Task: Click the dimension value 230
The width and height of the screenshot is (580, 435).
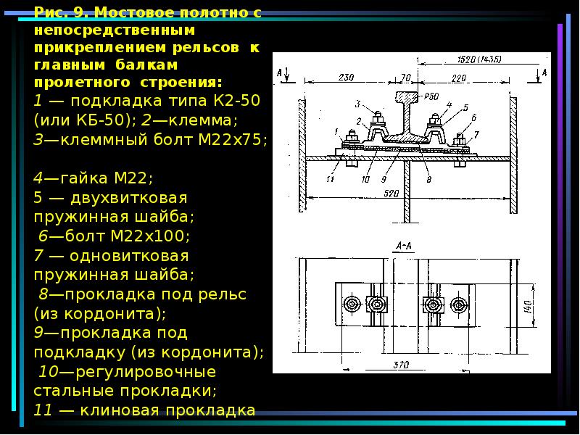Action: (x=347, y=78)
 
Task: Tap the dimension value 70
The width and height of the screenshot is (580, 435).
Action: (x=406, y=78)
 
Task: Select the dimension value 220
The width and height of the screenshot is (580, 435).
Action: (x=459, y=78)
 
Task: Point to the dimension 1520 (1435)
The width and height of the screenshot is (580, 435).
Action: (x=479, y=59)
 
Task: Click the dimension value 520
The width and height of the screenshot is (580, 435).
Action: (x=391, y=194)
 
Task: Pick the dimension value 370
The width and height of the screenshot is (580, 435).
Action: (x=401, y=365)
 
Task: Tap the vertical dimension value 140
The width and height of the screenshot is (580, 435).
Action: (x=529, y=307)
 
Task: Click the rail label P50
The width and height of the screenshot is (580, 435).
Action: (x=431, y=97)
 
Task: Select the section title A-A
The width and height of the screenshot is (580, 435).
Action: (x=404, y=246)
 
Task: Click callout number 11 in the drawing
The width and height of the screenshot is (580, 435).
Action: (x=331, y=179)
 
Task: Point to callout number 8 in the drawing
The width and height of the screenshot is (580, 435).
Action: (x=428, y=179)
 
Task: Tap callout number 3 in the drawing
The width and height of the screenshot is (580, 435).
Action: (x=357, y=104)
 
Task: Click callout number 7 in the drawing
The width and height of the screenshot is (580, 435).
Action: (x=476, y=134)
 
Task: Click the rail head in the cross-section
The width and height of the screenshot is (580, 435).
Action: (x=406, y=97)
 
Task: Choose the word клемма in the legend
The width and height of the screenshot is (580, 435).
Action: (x=199, y=120)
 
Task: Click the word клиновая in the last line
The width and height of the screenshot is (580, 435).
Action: (x=119, y=410)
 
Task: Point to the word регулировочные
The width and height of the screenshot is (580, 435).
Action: (x=146, y=372)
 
